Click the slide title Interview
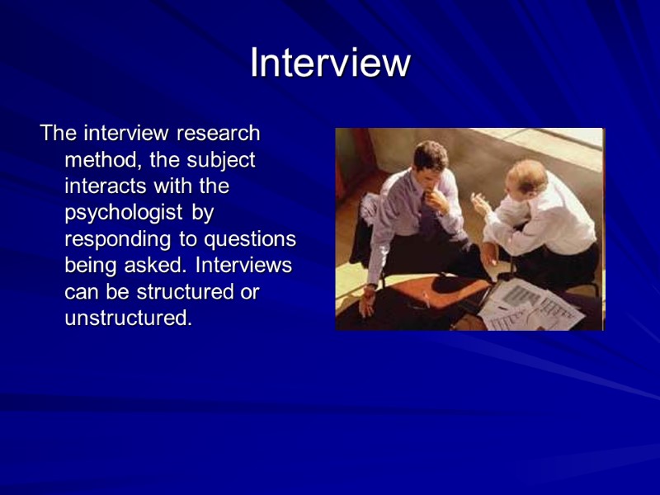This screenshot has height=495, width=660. [x=330, y=64]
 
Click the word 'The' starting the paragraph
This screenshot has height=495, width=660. [x=57, y=133]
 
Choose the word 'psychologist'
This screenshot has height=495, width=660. [x=125, y=214]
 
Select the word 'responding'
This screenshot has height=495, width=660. [x=115, y=240]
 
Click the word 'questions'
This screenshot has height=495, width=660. [x=255, y=240]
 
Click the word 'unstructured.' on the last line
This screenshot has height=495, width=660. [x=128, y=319]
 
